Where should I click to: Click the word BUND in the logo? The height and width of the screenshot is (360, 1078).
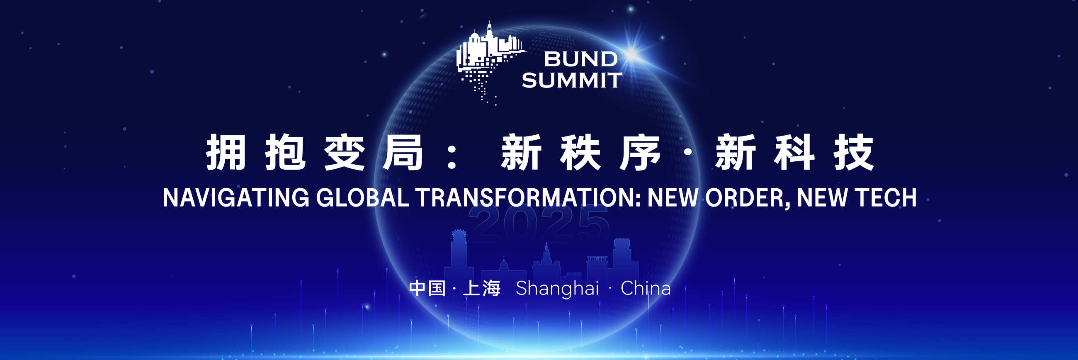tap(581, 59)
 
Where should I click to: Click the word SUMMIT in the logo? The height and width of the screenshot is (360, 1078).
tap(572, 80)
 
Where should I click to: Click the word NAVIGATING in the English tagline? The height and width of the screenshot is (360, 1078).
tap(236, 197)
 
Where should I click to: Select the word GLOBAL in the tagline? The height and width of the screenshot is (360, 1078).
tap(362, 197)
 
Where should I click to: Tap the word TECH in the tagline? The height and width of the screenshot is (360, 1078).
tap(886, 197)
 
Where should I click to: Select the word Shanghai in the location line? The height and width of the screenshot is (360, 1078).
tap(557, 288)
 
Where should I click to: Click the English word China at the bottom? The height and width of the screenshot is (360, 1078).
tap(646, 288)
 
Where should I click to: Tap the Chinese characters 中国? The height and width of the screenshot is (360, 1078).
tap(427, 288)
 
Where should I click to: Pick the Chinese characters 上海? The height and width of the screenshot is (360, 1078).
tap(482, 288)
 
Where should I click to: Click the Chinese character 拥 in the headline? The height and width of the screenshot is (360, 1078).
tap(226, 152)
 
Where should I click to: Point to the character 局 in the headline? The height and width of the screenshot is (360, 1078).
tap(403, 152)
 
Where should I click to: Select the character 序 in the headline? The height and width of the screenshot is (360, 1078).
tap(640, 152)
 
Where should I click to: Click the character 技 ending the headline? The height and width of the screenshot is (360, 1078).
tap(854, 152)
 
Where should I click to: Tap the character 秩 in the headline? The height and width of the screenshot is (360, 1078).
tap(580, 152)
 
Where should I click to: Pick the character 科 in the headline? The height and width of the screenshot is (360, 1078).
tap(794, 152)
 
